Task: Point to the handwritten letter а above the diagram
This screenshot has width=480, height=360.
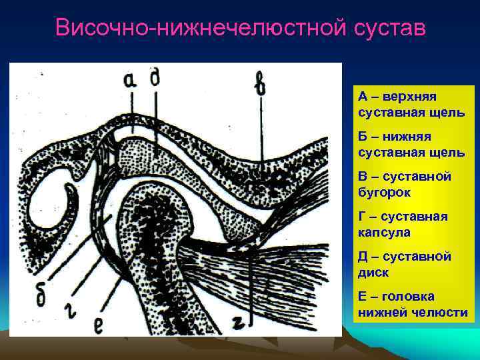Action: [131, 81]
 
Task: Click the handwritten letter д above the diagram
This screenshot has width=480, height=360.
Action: [155, 78]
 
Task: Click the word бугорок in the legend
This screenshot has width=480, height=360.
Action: [385, 192]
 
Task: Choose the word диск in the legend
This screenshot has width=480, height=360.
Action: [373, 272]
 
